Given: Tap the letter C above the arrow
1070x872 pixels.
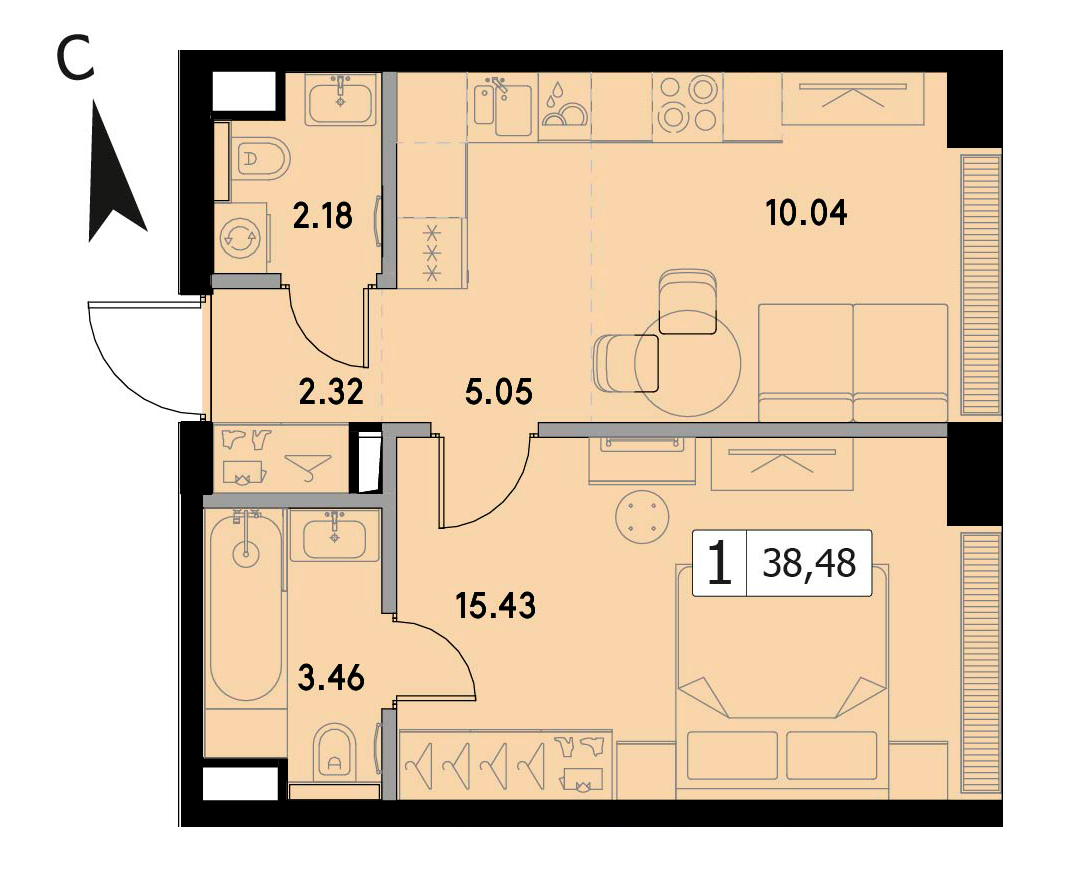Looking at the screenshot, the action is click(x=74, y=60).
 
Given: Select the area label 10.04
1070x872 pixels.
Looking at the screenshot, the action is click(x=807, y=213).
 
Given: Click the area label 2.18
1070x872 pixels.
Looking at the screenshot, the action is click(x=322, y=216).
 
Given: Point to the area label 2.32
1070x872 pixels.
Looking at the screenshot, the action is click(x=331, y=393).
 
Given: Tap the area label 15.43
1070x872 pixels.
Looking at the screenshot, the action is click(x=495, y=605).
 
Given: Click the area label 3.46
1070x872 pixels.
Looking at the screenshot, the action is click(x=332, y=679).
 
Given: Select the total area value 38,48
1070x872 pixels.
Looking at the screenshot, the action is click(x=809, y=564).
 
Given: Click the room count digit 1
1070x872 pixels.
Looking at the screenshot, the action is click(x=720, y=564).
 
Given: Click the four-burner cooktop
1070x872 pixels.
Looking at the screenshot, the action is click(x=686, y=106).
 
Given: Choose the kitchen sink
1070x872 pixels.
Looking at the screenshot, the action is click(x=504, y=106).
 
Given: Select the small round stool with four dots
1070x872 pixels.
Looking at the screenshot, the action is click(x=641, y=518).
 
